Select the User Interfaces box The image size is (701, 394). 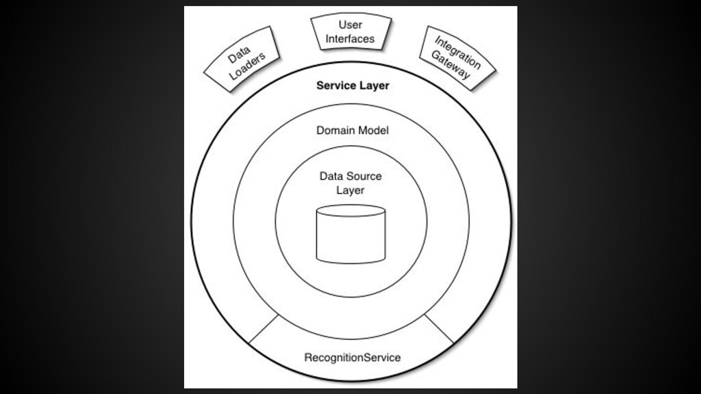click(351, 32)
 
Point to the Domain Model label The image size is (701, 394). click(352, 130)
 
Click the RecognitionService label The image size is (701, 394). click(352, 357)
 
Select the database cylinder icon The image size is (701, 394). click(350, 234)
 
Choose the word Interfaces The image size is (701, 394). click(350, 39)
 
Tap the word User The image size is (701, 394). click(350, 25)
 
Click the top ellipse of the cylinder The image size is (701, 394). click(350, 211)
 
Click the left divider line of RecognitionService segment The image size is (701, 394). click(264, 328)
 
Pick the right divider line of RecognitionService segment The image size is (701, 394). click(439, 328)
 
